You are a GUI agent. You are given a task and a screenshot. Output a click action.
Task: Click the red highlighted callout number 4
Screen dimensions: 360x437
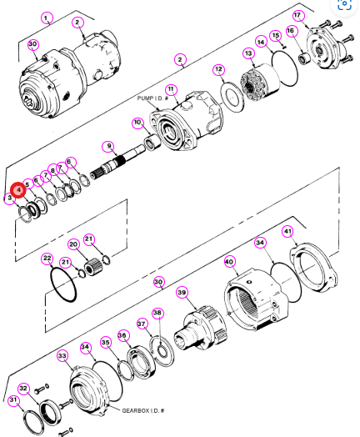point(18,190)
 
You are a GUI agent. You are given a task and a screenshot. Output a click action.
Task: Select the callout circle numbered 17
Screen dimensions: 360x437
point(297,15)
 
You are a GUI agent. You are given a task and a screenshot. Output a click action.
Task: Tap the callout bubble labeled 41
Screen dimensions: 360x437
point(287,231)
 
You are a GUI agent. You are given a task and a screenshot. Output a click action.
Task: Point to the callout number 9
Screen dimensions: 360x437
point(109,146)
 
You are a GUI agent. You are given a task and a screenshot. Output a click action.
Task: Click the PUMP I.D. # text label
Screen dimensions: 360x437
point(152,98)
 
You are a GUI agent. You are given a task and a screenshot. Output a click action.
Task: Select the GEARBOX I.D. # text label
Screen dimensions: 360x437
point(143,410)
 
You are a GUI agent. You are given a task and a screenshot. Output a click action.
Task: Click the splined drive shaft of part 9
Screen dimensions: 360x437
point(117,162)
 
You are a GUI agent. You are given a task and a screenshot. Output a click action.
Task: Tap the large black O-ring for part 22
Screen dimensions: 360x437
point(63,284)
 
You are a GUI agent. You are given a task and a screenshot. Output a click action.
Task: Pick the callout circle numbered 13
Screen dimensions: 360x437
point(248,53)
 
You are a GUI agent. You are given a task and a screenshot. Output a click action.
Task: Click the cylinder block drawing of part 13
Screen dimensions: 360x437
point(260,81)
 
